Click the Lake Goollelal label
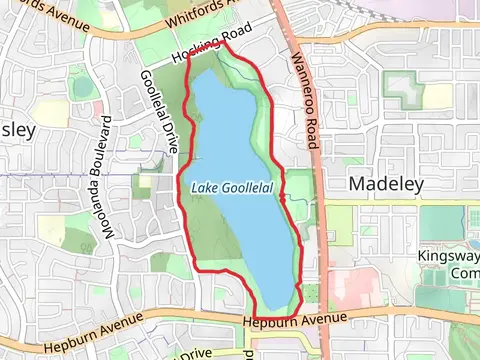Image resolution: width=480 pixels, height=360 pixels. pyautogui.click(x=231, y=187)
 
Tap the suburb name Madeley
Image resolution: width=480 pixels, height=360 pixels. pyautogui.click(x=387, y=184)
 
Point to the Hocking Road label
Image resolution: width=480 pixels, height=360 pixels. pyautogui.click(x=206, y=51)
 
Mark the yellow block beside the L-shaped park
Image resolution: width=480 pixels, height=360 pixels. pyautogui.click(x=438, y=95)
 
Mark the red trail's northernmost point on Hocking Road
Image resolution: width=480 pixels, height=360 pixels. pyautogui.click(x=223, y=44)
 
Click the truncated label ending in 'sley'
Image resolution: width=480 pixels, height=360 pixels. pyautogui.click(x=17, y=131)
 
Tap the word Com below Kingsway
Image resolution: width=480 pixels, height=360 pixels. pyautogui.click(x=464, y=273)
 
